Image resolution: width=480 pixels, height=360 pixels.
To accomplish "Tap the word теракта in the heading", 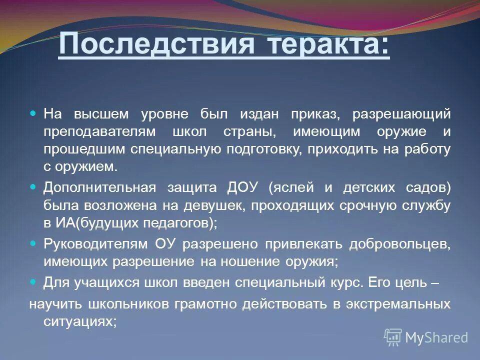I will point(329,45).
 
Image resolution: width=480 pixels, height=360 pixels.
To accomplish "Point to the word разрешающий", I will point(402,113).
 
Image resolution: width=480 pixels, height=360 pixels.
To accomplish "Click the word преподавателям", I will point(99,131).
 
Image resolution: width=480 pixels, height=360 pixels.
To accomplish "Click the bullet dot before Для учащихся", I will point(34,281).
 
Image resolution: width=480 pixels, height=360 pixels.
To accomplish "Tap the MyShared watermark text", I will point(436,337).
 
